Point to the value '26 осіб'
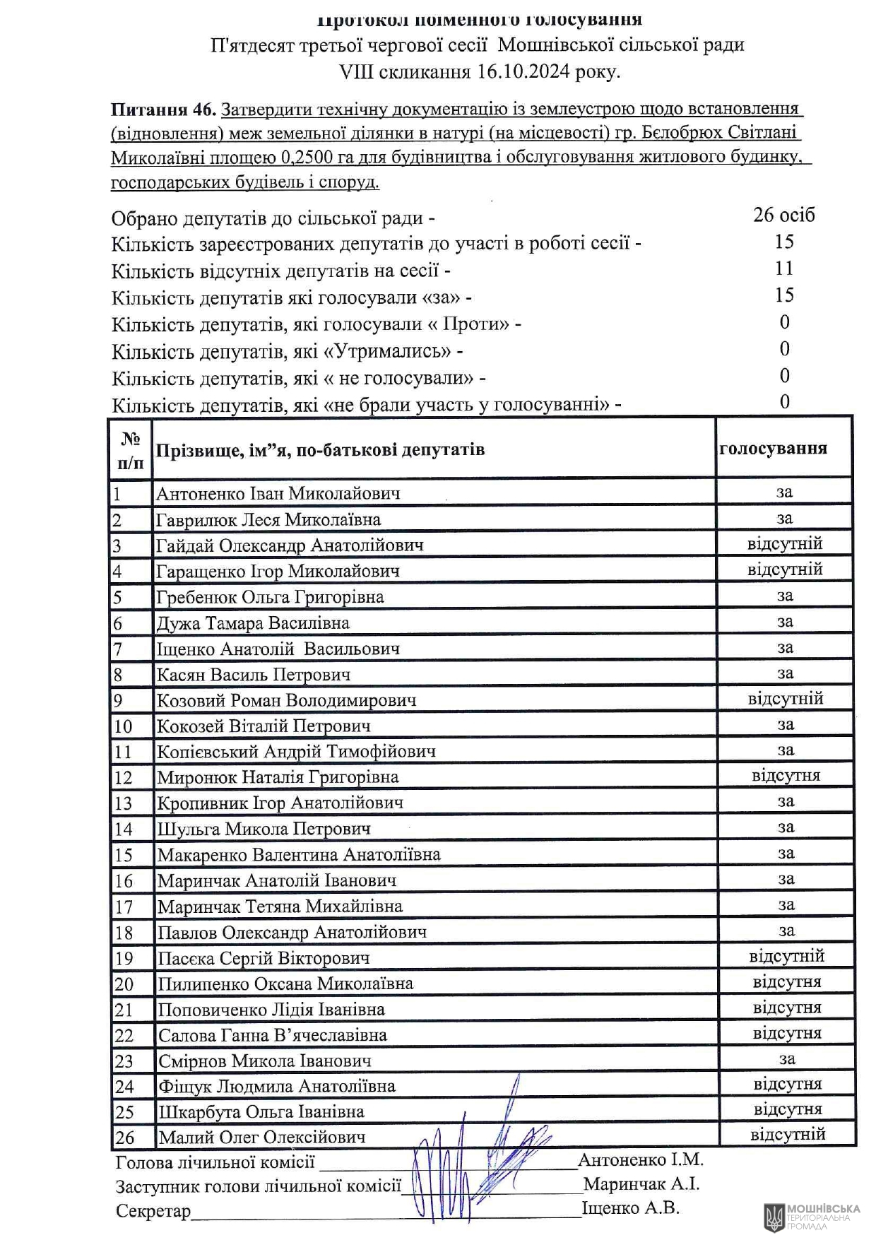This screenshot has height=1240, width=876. (x=783, y=215)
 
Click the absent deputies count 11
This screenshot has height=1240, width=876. (x=783, y=268)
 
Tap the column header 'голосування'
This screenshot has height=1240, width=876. (x=773, y=449)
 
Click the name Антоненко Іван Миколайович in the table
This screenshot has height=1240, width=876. (x=278, y=493)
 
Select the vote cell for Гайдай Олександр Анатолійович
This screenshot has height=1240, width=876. (x=784, y=544)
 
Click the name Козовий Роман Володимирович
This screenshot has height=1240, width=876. (x=286, y=700)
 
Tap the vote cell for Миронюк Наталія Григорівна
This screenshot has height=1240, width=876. (x=786, y=776)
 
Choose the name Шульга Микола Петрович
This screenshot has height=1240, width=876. (x=264, y=828)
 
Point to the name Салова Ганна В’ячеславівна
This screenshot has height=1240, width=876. (x=272, y=1035)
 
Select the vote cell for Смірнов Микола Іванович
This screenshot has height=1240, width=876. (x=786, y=1058)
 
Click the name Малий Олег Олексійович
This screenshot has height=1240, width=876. (x=262, y=1137)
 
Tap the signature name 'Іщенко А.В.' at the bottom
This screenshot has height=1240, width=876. (x=630, y=1208)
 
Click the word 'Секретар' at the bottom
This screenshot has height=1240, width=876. (x=153, y=1211)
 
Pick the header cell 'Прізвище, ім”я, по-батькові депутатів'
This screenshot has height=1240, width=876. (x=320, y=450)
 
